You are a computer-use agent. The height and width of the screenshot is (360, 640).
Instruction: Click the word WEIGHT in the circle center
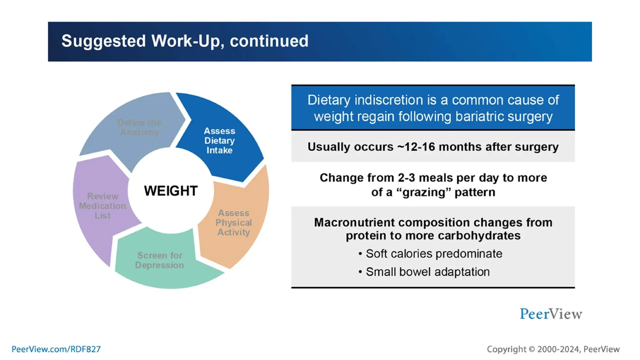[x=171, y=191]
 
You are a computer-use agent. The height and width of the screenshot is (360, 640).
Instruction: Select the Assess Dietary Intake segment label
[x=219, y=141]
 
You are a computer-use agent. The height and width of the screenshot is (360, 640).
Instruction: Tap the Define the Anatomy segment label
[x=139, y=127]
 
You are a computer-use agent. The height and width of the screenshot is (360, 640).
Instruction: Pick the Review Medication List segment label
[x=102, y=206]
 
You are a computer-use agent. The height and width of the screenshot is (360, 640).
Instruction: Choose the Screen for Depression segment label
[x=159, y=260]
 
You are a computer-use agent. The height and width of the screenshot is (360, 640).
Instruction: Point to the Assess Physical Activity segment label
[x=233, y=222]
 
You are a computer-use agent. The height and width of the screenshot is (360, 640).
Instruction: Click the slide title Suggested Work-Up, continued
[x=185, y=41]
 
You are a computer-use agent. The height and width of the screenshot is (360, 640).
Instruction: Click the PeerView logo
[x=551, y=314]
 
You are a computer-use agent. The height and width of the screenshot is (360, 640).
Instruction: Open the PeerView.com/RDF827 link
[x=56, y=349]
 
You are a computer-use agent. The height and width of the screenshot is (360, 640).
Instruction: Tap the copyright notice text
[x=553, y=349]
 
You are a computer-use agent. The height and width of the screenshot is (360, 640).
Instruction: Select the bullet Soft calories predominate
[x=434, y=254]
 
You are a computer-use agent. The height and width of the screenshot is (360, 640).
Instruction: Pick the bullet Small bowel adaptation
[x=427, y=272]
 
